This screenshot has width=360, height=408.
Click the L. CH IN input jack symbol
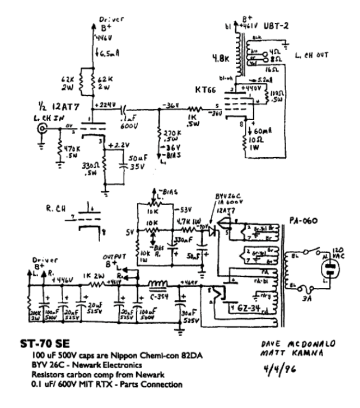point(41,129)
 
